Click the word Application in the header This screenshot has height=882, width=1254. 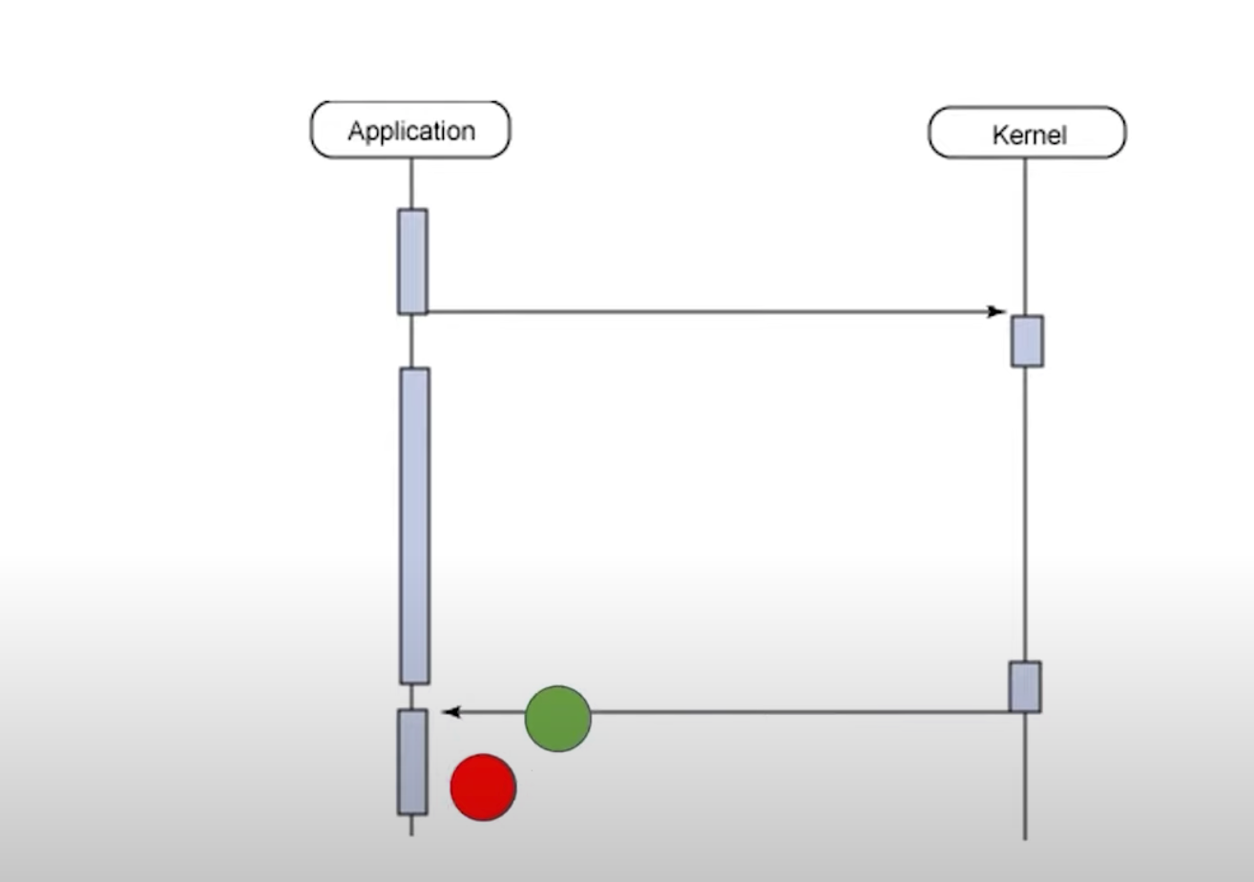click(x=410, y=131)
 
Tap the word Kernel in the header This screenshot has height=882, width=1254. click(x=1029, y=136)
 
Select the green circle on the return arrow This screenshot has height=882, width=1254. click(x=558, y=718)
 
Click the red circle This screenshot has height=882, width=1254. click(x=483, y=787)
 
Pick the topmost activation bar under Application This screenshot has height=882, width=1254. click(x=412, y=261)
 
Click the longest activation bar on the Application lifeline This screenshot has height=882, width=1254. click(x=414, y=525)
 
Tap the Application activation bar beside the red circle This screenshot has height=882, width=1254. click(x=412, y=761)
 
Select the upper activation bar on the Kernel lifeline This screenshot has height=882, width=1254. click(x=1027, y=341)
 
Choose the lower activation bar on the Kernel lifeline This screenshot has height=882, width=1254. click(x=1025, y=686)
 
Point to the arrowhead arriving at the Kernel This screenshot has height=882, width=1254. click(x=998, y=312)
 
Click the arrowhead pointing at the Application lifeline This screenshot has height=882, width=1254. click(x=449, y=712)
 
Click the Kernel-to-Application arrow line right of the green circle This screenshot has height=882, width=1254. click(x=802, y=712)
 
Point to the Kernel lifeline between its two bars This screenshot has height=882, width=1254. click(x=1026, y=515)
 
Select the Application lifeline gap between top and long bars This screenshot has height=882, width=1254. click(x=411, y=341)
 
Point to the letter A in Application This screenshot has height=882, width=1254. click(x=355, y=131)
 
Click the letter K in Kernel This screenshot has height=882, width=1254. click(x=999, y=136)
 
